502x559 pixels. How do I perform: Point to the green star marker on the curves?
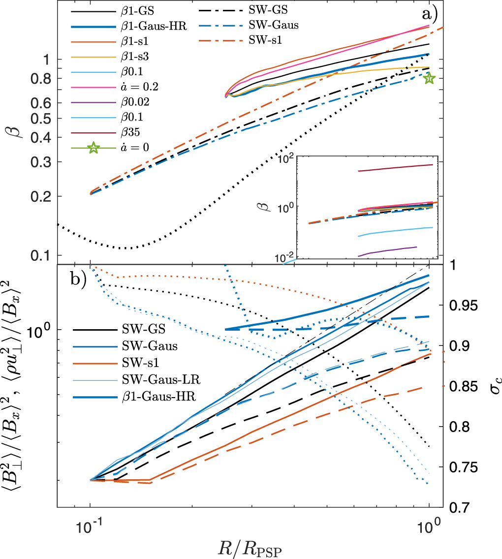(429, 78)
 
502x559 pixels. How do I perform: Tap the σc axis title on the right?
(489, 385)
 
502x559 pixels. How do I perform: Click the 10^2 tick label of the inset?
(285, 159)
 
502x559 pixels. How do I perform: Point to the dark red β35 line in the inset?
(394, 168)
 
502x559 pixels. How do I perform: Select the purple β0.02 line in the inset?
(389, 250)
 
